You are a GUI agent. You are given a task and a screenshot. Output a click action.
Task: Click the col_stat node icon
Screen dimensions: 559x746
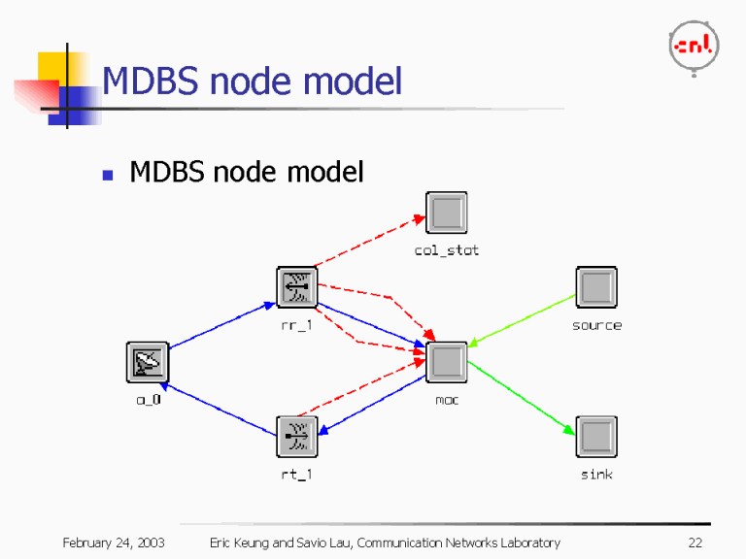coord(446,213)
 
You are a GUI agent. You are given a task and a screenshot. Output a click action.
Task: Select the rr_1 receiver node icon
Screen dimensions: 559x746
coord(297,287)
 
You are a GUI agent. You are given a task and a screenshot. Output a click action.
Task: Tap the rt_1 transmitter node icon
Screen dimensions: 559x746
coord(297,437)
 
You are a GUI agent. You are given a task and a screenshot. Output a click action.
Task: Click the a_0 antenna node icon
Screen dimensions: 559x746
coord(148,362)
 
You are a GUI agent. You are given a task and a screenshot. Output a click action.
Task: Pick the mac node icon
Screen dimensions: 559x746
coord(447,362)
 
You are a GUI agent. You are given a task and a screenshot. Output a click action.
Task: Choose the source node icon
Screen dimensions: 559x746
coord(596,287)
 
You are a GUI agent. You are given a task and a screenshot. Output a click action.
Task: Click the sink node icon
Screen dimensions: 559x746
coord(596,437)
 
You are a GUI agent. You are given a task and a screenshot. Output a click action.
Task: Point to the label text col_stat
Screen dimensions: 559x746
coord(447,250)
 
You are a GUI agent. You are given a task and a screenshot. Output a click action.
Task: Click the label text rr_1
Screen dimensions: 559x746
coord(297,325)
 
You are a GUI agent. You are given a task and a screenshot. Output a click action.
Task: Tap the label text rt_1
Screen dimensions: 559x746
coord(297,475)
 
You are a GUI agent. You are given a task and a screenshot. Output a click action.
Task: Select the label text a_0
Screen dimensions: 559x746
coord(148,399)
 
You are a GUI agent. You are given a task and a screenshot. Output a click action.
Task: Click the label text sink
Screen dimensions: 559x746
coord(596,475)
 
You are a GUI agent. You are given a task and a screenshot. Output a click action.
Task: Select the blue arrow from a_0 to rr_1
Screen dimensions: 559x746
coord(222,325)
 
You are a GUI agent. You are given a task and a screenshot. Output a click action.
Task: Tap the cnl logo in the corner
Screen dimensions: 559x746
coord(694,45)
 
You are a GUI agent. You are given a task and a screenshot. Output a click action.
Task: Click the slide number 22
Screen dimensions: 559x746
coord(695,543)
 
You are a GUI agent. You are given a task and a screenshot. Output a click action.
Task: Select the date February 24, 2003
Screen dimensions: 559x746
coord(114,543)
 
